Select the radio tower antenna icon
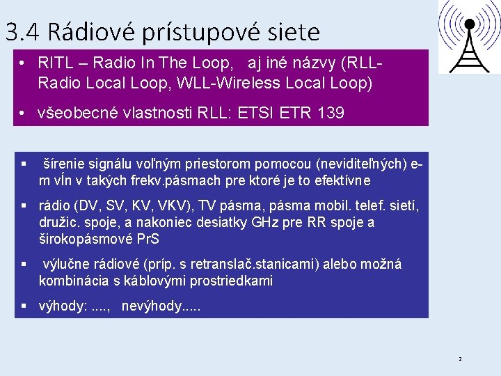(468, 36)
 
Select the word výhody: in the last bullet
(63, 306)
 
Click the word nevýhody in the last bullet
(152, 306)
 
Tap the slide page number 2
(459, 359)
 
